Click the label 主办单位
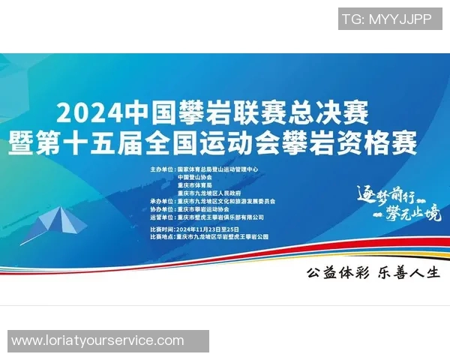[x=161, y=169]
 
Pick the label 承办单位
[x=161, y=202]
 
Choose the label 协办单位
[x=161, y=209]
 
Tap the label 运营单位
[x=161, y=217]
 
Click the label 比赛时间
[x=161, y=228]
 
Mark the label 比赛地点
[x=161, y=236]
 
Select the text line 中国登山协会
[x=195, y=177]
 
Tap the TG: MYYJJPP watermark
[x=386, y=19]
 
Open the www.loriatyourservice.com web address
[x=98, y=340]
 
